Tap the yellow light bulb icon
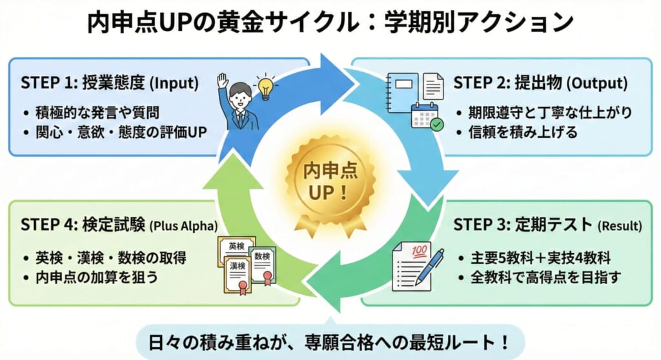pyautogui.click(x=265, y=86)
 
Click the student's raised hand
pyautogui.click(x=223, y=80)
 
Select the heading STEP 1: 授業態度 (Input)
pyautogui.click(x=109, y=83)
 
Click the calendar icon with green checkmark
pyautogui.click(x=425, y=117)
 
